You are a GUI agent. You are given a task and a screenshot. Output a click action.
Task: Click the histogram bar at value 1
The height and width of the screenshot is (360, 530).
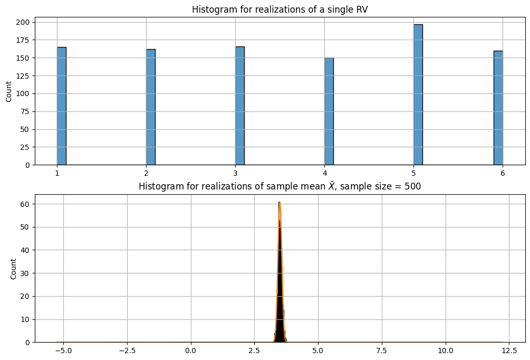pyautogui.click(x=62, y=106)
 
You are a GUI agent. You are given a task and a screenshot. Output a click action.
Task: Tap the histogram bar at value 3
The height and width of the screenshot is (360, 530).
pyautogui.click(x=240, y=106)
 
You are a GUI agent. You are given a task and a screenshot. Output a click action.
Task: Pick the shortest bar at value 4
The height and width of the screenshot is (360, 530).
pyautogui.click(x=329, y=111)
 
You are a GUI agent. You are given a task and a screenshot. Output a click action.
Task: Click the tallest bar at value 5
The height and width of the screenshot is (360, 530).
pyautogui.click(x=418, y=95)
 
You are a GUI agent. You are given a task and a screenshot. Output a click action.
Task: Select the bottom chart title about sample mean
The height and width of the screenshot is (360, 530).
pyautogui.click(x=280, y=187)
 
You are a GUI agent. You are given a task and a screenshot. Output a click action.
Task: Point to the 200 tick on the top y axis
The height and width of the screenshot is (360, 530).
pyautogui.click(x=23, y=22)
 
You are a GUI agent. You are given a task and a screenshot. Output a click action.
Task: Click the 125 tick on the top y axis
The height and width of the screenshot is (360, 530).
pyautogui.click(x=23, y=75)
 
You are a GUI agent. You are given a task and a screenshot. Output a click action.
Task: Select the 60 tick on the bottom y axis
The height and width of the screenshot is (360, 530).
pyautogui.click(x=25, y=204)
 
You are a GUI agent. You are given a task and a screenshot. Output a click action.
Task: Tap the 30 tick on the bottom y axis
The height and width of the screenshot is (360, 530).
pyautogui.click(x=25, y=273)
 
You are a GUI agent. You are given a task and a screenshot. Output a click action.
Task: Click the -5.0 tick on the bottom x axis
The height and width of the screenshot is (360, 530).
pyautogui.click(x=63, y=350)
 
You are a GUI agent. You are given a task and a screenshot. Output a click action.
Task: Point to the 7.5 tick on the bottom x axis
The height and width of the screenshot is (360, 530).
pyautogui.click(x=382, y=350)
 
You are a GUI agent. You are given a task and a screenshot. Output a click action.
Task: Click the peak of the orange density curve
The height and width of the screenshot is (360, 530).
pyautogui.click(x=280, y=203)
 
